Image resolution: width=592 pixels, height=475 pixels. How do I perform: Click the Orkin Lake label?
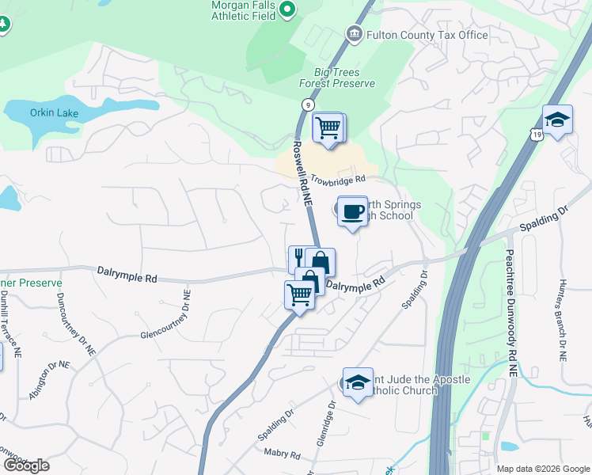[x=54, y=113]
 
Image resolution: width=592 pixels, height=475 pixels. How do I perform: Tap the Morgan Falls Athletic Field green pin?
[x=288, y=10]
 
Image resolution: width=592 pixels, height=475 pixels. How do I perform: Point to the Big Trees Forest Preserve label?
[x=336, y=76]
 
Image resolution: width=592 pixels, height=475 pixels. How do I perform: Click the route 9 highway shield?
[x=306, y=104]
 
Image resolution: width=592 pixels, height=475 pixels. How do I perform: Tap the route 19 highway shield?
[x=537, y=135]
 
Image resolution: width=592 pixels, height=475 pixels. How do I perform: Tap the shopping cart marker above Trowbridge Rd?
[x=328, y=127]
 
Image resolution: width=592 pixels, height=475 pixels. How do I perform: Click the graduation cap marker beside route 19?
[x=558, y=120]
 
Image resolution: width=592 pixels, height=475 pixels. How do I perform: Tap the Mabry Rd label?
[x=283, y=455]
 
